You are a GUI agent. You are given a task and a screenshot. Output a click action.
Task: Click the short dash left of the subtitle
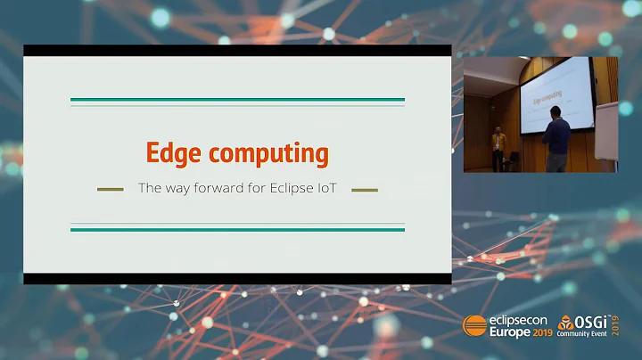coord(110,189)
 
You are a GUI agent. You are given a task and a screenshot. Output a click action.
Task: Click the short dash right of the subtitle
coord(365,189)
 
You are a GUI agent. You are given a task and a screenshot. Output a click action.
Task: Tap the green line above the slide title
coord(237,100)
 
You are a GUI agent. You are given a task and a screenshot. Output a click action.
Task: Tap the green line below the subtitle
coord(237,229)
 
